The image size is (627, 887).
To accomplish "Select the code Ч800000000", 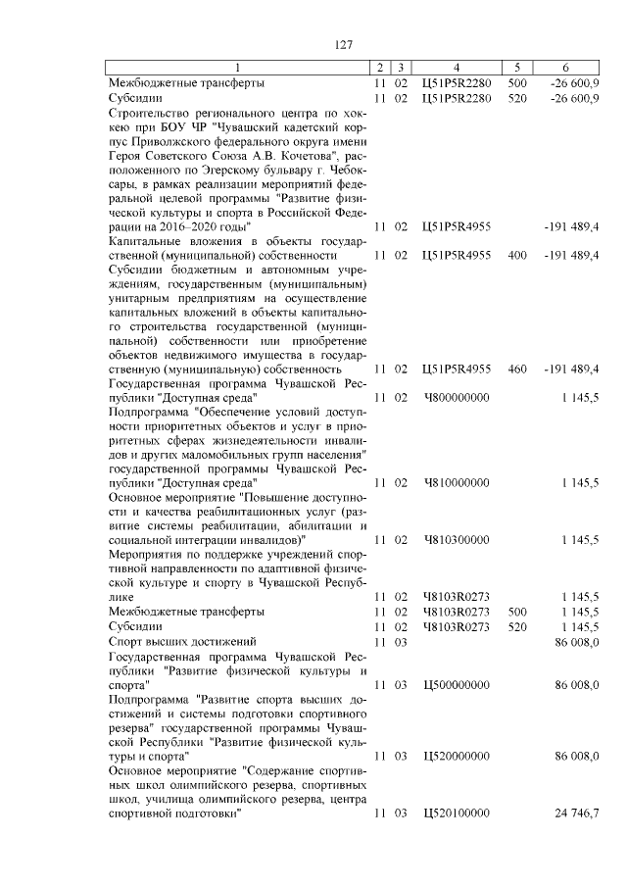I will point(456,398).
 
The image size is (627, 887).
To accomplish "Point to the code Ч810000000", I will point(456,483).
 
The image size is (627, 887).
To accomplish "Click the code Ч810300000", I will point(456,540).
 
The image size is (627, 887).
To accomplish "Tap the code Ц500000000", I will point(456,685).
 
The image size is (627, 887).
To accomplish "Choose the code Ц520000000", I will point(456,757).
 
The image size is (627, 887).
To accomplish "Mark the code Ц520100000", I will point(456,814).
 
